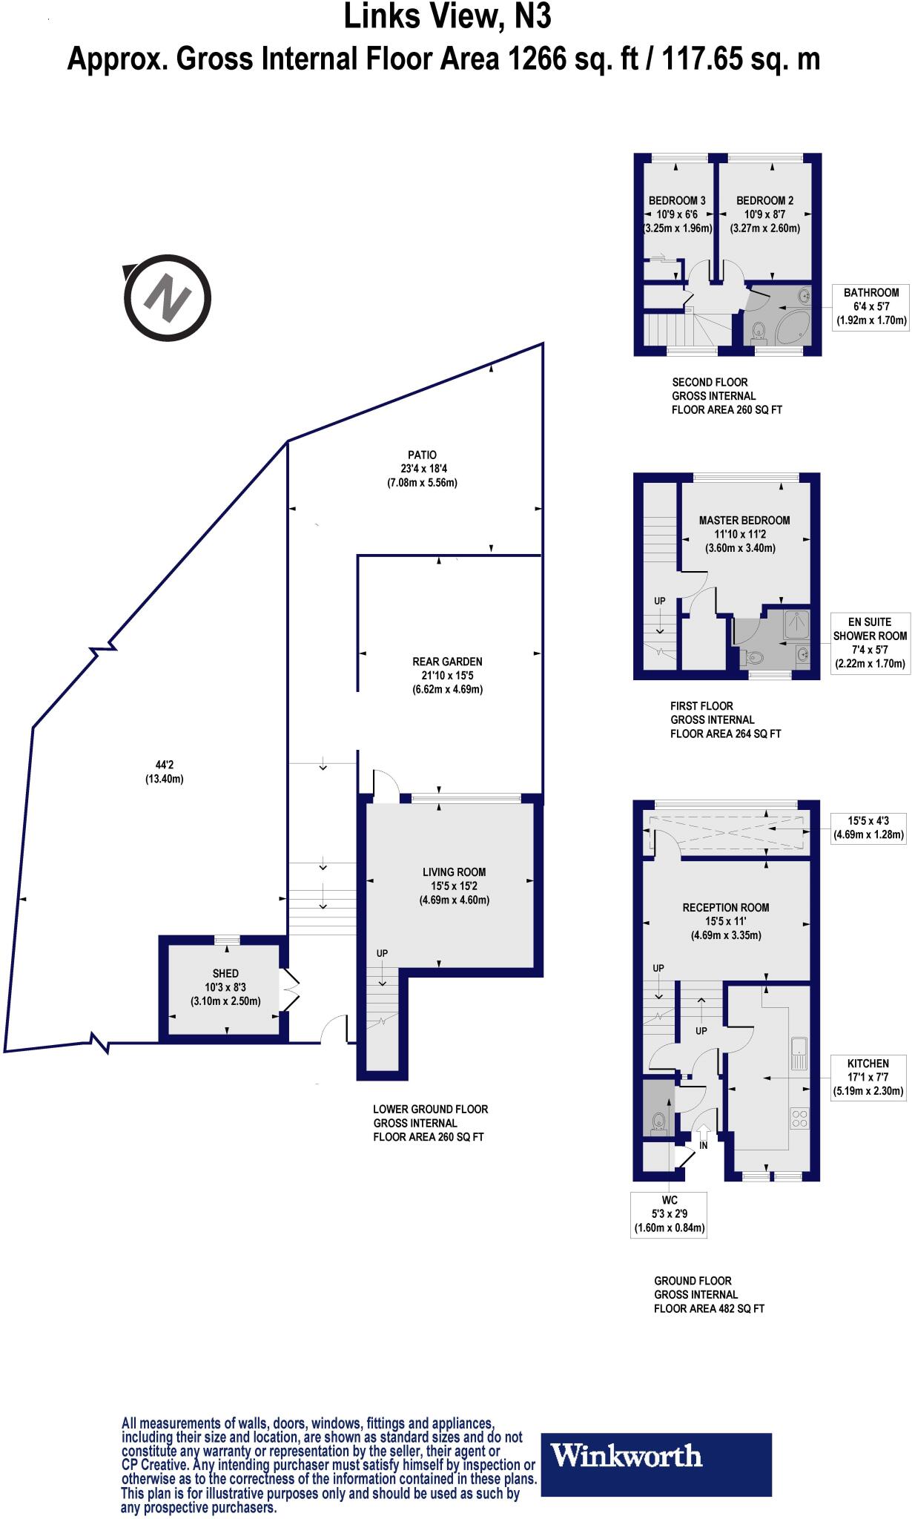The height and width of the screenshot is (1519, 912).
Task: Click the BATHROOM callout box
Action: click(870, 306)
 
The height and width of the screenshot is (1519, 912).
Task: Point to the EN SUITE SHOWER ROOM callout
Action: click(869, 642)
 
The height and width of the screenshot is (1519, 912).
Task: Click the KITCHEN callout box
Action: click(868, 1076)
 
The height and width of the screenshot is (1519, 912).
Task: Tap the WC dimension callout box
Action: click(669, 1214)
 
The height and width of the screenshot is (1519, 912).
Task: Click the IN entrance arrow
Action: click(702, 1133)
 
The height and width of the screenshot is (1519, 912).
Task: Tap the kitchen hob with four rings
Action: click(799, 1118)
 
